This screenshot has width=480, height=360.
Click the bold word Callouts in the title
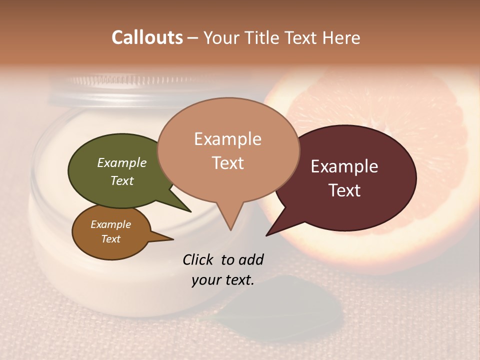click(x=147, y=37)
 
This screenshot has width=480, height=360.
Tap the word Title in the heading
click(x=263, y=37)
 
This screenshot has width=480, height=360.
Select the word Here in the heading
click(x=341, y=37)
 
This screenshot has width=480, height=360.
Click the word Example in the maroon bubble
click(x=344, y=166)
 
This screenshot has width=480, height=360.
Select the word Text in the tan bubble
click(x=228, y=163)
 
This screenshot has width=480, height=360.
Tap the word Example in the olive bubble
click(x=122, y=162)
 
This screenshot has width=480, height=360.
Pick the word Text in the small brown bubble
click(x=111, y=239)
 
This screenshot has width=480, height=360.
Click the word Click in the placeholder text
click(x=198, y=259)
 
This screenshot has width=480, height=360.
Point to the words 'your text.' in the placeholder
click(x=223, y=280)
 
